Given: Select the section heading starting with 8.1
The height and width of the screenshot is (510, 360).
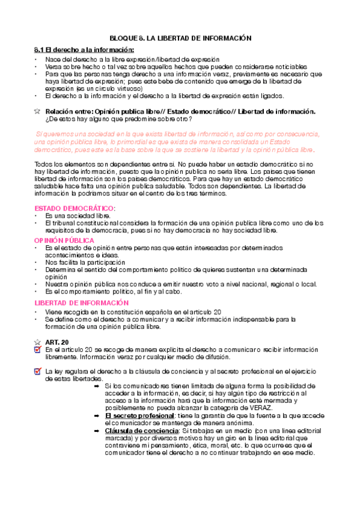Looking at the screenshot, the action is (82, 49).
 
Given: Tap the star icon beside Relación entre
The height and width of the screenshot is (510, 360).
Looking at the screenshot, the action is (37, 111).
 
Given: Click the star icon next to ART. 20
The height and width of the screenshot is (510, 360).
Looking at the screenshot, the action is (37, 342).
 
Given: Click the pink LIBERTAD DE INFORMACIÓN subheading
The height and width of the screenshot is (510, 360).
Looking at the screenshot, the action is (81, 303).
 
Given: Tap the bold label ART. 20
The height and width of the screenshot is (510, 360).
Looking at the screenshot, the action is (56, 342).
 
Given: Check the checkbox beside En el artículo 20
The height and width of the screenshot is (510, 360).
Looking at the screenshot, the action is (38, 350).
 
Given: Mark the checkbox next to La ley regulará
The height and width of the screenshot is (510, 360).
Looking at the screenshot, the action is (38, 372).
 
